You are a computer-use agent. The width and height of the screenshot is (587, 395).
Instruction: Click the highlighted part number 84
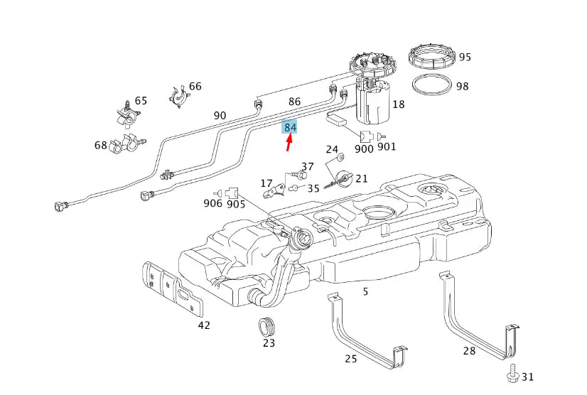tap(290, 127)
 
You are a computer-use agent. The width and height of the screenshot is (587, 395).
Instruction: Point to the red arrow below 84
tap(289, 144)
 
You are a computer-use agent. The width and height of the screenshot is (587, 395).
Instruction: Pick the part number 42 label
tap(205, 325)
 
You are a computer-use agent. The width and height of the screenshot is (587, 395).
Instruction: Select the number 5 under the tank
tap(365, 291)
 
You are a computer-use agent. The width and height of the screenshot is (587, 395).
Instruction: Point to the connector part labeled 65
tap(126, 112)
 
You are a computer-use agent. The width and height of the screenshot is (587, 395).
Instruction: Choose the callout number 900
tap(364, 148)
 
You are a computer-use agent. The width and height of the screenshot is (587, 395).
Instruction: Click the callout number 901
tap(387, 147)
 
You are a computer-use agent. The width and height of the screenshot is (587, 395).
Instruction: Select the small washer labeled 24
tap(340, 156)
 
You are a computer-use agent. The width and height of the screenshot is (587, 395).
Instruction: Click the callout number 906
tap(212, 203)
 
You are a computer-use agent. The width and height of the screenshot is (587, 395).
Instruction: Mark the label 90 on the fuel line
tap(220, 115)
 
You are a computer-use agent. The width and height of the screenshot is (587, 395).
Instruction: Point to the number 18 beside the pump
tap(398, 104)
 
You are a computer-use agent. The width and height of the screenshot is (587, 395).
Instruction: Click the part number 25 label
tap(351, 358)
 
